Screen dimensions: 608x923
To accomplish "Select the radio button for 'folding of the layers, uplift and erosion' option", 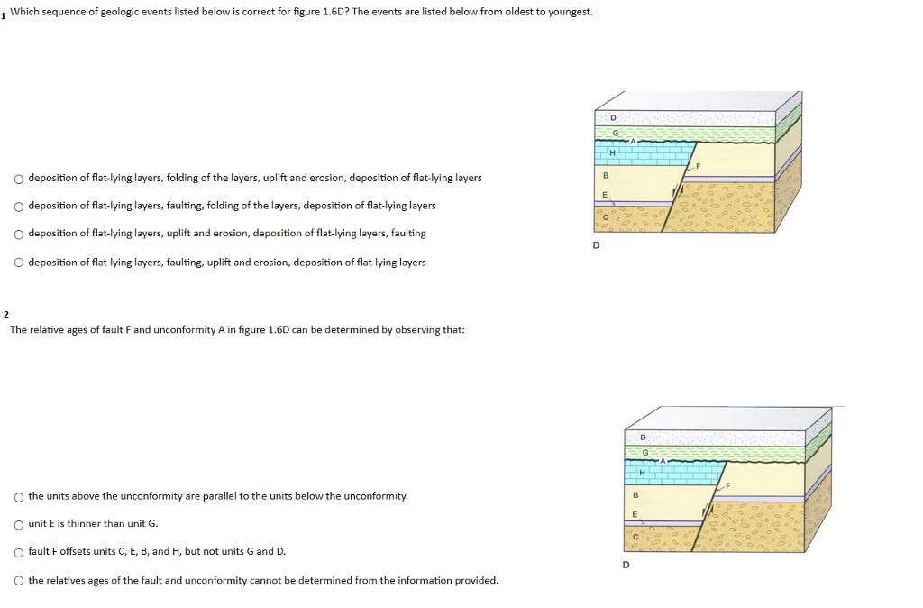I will coord(18,179).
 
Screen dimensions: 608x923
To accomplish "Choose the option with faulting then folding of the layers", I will coord(18,207).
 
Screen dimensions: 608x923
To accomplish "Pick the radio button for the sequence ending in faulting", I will coord(18,234).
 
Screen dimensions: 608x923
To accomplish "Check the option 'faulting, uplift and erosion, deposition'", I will coord(18,263).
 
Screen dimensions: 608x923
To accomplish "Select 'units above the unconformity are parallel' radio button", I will coord(18,497).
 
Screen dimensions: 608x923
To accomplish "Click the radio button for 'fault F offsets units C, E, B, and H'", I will coord(18,552).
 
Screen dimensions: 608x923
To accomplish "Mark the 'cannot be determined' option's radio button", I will coord(18,581).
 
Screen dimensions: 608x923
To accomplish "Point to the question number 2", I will coord(5,314).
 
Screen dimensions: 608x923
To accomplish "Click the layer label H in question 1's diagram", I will coord(612,152).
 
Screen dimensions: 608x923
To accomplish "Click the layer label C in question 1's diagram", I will coord(607,216).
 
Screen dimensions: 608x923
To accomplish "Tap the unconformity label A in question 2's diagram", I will coord(662,460).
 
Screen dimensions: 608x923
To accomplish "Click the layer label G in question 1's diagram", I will coord(615,134).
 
